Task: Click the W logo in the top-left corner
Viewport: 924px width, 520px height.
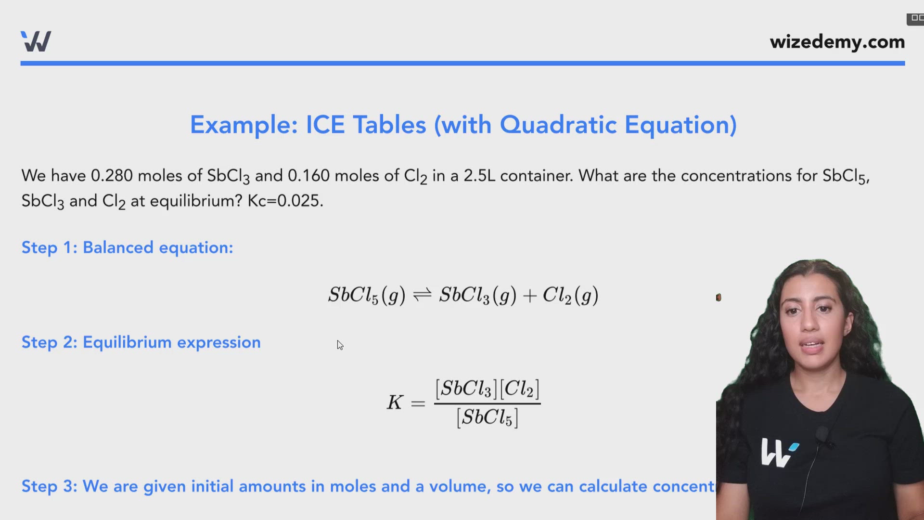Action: pyautogui.click(x=36, y=41)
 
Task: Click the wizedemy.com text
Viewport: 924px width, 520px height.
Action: pyautogui.click(x=837, y=42)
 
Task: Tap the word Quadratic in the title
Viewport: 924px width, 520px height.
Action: pyautogui.click(x=558, y=125)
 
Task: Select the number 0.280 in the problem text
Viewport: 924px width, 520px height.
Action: pyautogui.click(x=112, y=176)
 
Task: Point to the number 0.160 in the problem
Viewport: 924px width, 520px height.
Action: pyautogui.click(x=308, y=176)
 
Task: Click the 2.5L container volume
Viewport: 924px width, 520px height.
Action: pyautogui.click(x=479, y=176)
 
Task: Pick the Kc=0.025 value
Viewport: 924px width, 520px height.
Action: pyautogui.click(x=284, y=201)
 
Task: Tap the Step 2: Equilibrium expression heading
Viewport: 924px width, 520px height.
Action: pyautogui.click(x=141, y=342)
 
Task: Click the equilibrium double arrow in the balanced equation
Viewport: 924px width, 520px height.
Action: pyautogui.click(x=422, y=295)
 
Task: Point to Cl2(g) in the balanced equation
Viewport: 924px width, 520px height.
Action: pyautogui.click(x=570, y=295)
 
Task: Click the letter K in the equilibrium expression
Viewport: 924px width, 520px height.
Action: pyautogui.click(x=395, y=403)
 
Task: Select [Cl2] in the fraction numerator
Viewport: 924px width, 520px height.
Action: pyautogui.click(x=519, y=389)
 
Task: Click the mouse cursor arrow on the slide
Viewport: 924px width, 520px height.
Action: pyautogui.click(x=340, y=345)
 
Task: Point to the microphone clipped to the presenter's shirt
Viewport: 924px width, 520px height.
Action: pyautogui.click(x=821, y=434)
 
